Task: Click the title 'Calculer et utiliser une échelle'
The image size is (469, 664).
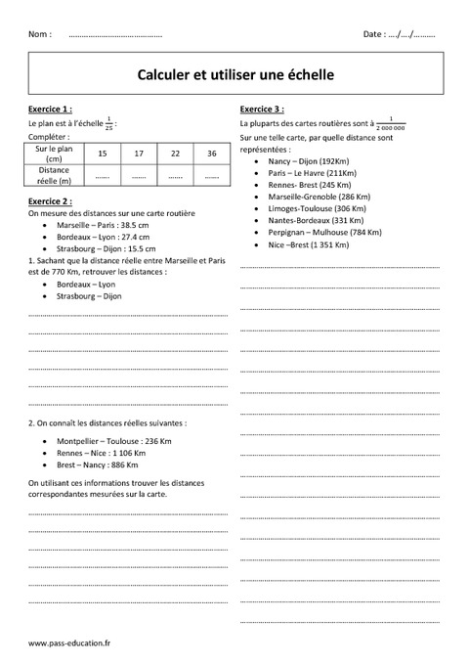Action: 234,73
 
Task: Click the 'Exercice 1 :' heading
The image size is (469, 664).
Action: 51,109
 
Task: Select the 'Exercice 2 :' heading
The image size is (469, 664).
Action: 51,200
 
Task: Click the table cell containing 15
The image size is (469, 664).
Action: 103,154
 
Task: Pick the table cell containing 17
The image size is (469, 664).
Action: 139,154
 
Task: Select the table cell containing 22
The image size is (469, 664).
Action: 175,154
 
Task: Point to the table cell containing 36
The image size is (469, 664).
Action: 212,154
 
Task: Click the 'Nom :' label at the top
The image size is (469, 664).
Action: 41,34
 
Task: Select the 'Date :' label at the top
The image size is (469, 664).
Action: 374,34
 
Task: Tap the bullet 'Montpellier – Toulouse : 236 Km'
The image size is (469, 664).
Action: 109,441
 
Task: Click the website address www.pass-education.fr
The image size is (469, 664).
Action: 70,642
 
